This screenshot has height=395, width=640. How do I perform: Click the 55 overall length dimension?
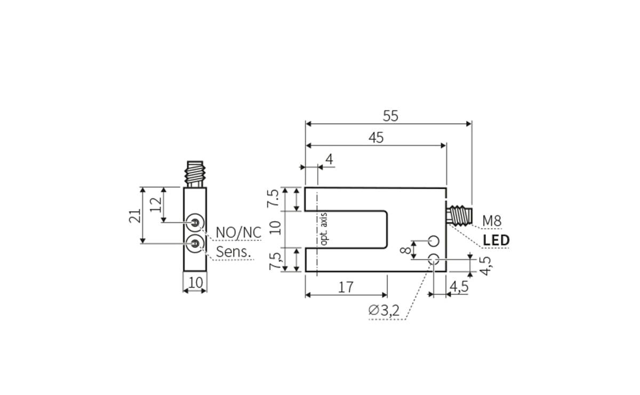390,116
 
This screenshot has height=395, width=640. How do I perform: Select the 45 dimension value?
376,138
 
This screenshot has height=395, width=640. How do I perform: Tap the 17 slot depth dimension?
346,287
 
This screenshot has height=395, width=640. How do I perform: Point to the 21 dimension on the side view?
135,215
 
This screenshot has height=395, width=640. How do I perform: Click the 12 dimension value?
155,205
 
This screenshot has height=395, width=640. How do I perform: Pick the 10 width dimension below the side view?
196,283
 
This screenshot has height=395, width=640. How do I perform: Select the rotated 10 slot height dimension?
275,228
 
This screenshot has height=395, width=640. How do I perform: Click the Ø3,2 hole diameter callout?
383,310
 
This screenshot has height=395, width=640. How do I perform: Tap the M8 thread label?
492,220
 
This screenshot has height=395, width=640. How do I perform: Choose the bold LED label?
496,240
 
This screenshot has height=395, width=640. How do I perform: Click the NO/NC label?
238,233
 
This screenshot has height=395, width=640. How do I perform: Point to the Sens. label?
233,252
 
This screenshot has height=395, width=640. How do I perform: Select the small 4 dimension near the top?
329,159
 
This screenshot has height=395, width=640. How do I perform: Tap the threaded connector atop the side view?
196,173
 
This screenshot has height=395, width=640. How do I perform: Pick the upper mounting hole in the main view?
434,240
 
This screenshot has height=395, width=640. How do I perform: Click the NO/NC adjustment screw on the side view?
195,223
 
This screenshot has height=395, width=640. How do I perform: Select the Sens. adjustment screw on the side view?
195,243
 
